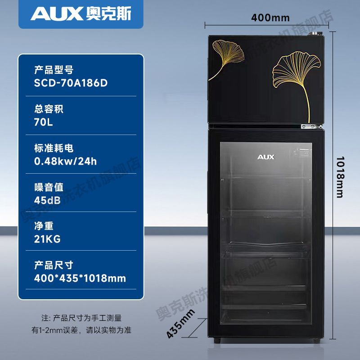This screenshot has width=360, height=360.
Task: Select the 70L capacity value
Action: pyautogui.click(x=44, y=122)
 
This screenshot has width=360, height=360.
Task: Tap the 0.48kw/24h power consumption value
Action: pyautogui.click(x=65, y=162)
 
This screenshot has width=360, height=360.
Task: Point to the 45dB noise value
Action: pyautogui.click(x=47, y=200)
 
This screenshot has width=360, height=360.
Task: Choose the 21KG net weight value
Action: pyautogui.click(x=47, y=239)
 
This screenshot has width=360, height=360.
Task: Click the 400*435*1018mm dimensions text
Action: pyautogui.click(x=80, y=278)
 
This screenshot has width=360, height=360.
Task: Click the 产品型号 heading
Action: pyautogui.click(x=54, y=70)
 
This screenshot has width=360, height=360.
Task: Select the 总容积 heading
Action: pyautogui.click(x=49, y=109)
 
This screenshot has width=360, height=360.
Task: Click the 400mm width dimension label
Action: pyautogui.click(x=270, y=18)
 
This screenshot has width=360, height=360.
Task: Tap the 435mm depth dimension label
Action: pyautogui.click(x=181, y=324)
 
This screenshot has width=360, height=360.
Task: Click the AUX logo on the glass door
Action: pyautogui.click(x=265, y=157)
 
